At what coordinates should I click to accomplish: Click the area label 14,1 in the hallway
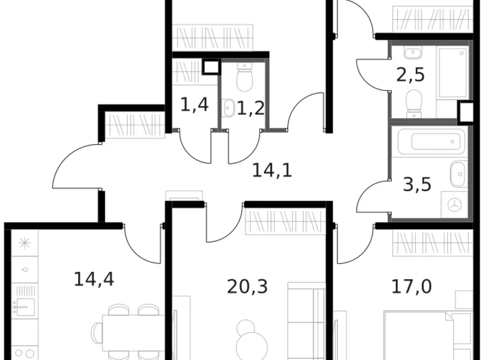[272, 169]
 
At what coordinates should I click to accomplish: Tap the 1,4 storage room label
[194, 105]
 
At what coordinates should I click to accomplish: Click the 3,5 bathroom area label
[417, 186]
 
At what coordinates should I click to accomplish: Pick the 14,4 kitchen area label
[94, 279]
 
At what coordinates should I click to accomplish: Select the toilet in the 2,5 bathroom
[413, 102]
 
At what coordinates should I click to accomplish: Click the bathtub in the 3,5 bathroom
[429, 143]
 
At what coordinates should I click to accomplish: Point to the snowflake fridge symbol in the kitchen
[25, 243]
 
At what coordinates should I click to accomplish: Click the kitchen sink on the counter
[25, 304]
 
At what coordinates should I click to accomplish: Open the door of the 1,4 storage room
[194, 145]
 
